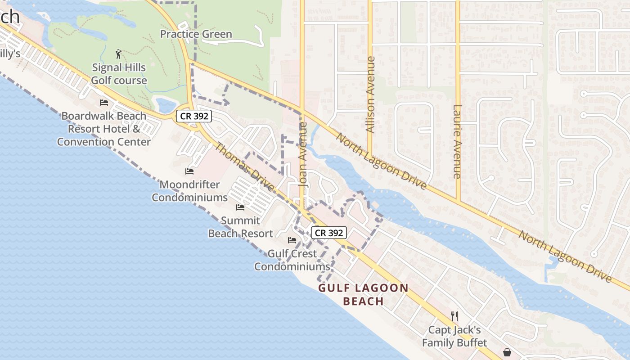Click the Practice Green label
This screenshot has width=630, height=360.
(196, 34)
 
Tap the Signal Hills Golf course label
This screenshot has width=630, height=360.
(119, 74)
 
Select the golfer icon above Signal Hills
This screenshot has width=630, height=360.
(118, 54)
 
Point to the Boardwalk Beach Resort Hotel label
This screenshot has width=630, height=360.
(104, 129)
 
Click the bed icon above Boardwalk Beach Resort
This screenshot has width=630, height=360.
(104, 102)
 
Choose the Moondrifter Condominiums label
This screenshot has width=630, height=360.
(189, 191)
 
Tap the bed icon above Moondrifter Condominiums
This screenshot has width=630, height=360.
(189, 171)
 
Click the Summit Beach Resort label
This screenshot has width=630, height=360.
(240, 227)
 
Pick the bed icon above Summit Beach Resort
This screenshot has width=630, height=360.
(240, 207)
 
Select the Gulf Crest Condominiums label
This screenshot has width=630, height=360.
(292, 260)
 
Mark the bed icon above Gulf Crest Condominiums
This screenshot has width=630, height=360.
(292, 240)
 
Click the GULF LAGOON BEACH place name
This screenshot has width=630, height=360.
(364, 295)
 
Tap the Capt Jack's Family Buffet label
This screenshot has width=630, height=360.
(454, 336)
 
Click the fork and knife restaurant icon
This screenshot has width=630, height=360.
(454, 316)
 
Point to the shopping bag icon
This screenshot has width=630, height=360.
(507, 352)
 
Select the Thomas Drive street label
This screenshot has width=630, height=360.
(243, 166)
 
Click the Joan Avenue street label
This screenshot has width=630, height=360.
(303, 154)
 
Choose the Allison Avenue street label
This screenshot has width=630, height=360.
(370, 94)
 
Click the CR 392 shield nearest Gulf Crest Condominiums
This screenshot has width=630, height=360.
(329, 233)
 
